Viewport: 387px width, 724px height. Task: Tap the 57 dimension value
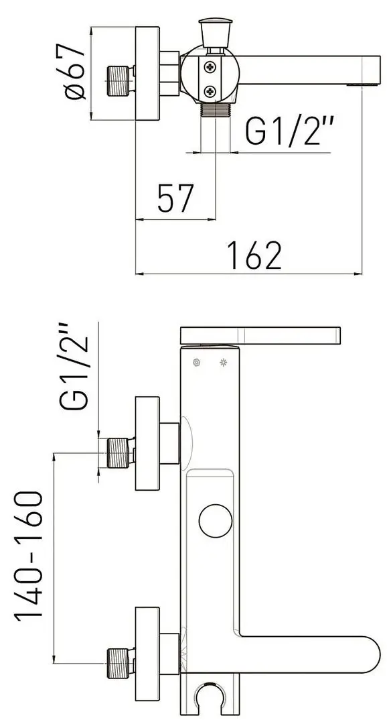(175, 198)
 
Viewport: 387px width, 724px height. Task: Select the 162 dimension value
(254, 255)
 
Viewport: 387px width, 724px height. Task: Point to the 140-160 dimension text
(29, 556)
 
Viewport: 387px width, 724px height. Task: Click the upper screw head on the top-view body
(210, 68)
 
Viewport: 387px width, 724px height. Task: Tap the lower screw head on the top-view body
(210, 91)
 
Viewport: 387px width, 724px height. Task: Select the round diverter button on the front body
(216, 521)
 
